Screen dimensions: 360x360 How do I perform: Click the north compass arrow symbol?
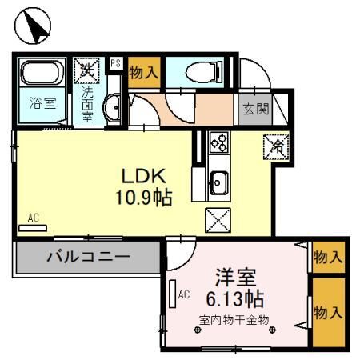click(34, 26)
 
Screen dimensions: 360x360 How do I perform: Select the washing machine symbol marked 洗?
click(86, 71)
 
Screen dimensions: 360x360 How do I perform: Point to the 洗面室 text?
click(87, 102)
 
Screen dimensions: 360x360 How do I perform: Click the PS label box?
click(115, 62)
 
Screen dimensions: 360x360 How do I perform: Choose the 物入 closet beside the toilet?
click(143, 72)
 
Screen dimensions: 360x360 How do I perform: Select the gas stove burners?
click(218, 144)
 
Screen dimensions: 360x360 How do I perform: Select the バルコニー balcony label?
click(87, 258)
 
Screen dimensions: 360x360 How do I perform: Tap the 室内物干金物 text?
click(234, 320)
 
